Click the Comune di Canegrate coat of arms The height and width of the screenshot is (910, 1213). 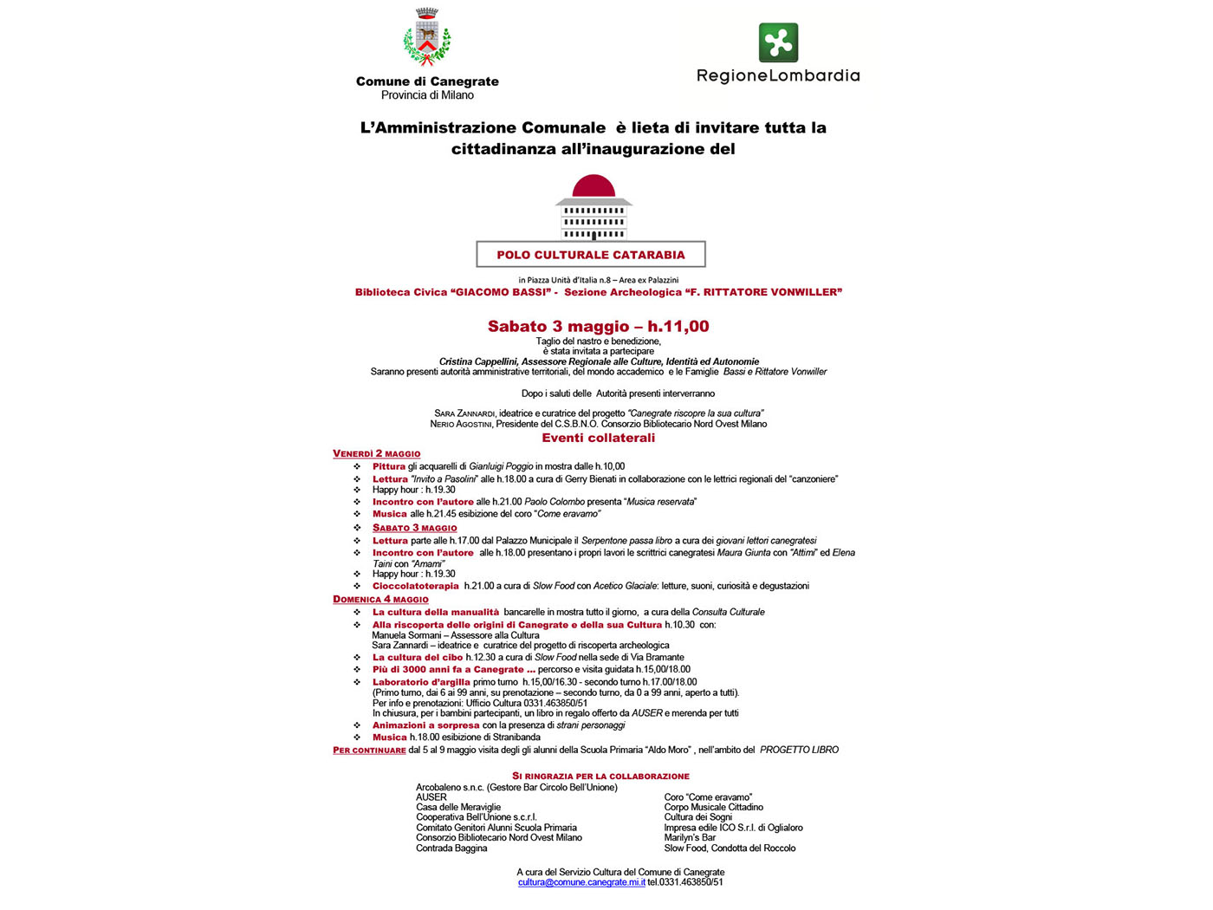tap(427, 38)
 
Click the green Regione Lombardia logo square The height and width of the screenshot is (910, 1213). tap(778, 42)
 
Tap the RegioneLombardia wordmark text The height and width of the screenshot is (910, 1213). tap(778, 76)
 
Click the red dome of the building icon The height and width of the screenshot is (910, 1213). tap(594, 185)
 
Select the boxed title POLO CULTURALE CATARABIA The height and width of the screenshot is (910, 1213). tap(591, 255)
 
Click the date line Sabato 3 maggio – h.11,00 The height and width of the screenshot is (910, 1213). tap(598, 327)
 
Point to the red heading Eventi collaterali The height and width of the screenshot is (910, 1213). tap(598, 438)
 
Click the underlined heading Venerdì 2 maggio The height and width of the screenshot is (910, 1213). tap(377, 454)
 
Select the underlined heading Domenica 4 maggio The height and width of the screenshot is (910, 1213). tap(380, 600)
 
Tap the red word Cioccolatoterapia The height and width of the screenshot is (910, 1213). tap(416, 586)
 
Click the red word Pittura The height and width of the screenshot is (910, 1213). tap(389, 466)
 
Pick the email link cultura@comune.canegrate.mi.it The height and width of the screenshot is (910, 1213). tap(581, 882)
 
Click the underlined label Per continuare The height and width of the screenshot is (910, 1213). tap(369, 751)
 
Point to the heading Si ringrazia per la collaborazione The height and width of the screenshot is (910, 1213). tap(600, 777)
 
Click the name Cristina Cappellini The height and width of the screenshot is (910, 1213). tap(477, 361)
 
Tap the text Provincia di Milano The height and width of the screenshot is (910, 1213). tap(427, 95)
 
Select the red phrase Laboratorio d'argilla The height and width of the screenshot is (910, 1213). tap(421, 682)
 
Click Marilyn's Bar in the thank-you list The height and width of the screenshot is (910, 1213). tap(690, 838)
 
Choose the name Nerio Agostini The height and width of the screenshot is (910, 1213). tap(461, 424)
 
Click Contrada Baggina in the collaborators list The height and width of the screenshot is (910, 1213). tap(451, 848)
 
